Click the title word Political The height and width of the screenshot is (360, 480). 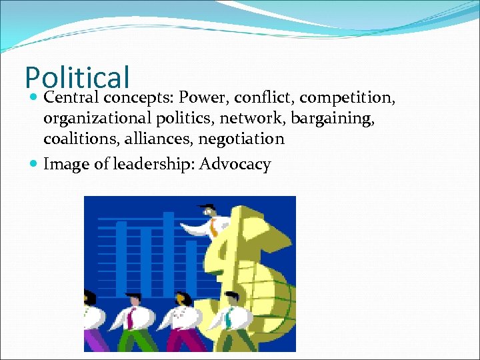tap(77, 78)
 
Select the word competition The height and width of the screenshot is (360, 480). tap(348, 98)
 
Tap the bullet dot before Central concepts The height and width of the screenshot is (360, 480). tap(35, 99)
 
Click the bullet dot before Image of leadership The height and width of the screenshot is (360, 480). tap(35, 165)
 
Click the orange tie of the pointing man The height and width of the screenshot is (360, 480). tap(213, 229)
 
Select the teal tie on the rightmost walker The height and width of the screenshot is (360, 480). tap(229, 319)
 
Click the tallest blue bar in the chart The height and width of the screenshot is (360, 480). tap(169, 253)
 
